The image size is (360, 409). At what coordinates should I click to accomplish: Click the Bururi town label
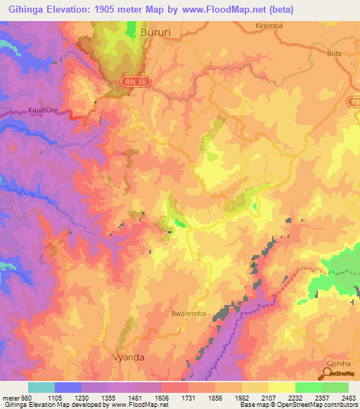click(x=156, y=32)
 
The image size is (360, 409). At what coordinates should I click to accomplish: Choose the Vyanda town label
click(x=129, y=357)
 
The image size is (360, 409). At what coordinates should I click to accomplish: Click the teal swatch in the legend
click(x=41, y=387)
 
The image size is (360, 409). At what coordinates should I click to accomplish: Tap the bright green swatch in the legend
click(x=308, y=387)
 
